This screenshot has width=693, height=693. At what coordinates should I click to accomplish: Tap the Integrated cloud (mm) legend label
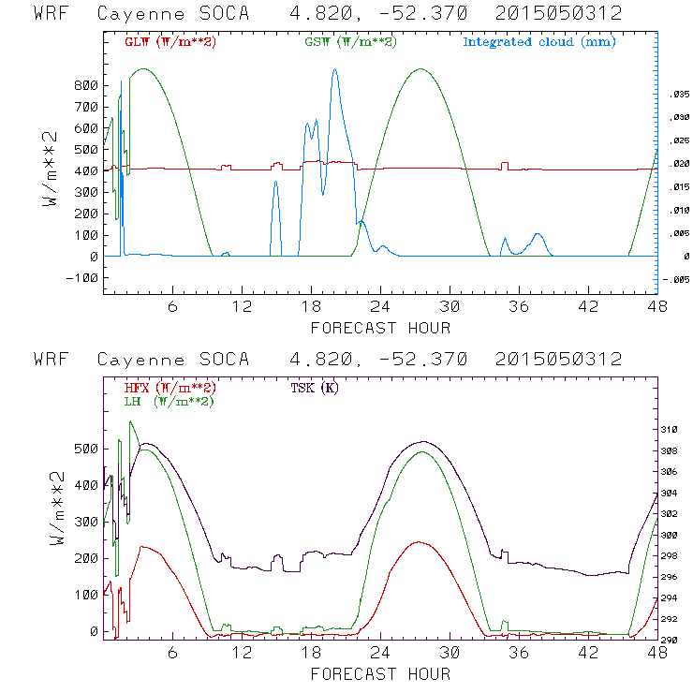539,42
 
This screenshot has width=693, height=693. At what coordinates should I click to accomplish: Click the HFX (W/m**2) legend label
165,388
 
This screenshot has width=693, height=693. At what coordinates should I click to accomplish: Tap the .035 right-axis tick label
678,96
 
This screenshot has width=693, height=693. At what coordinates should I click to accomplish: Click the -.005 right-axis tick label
676,279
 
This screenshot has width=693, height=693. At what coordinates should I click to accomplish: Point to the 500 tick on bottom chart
84,449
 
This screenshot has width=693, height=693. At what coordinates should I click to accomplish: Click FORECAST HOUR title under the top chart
380,328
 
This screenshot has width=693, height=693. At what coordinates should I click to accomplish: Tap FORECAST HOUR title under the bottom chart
380,673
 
